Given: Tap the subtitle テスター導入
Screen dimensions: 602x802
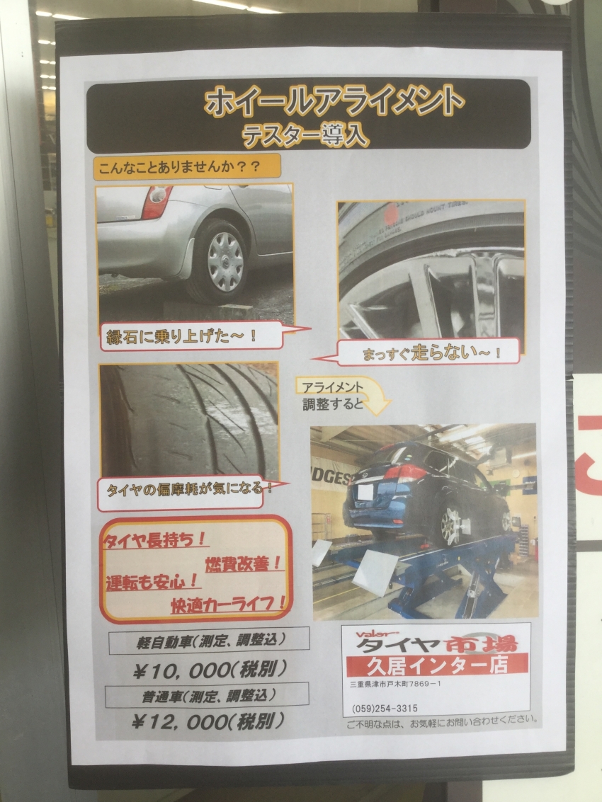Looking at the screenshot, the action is [x=305, y=135].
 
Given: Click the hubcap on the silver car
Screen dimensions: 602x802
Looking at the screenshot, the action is [x=225, y=261].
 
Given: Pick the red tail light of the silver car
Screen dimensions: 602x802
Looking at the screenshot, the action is [x=156, y=202].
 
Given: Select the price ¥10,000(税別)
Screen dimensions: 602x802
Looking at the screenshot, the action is [x=210, y=670].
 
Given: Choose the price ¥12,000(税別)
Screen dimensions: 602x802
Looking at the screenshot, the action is [x=208, y=721].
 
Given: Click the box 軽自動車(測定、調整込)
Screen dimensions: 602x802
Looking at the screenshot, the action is [x=209, y=641].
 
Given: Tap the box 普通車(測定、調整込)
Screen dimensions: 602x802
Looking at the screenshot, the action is [x=207, y=696].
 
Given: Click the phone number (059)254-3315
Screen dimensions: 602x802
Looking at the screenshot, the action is [x=385, y=709].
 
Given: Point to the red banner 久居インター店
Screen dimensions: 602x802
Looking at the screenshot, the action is [x=437, y=665].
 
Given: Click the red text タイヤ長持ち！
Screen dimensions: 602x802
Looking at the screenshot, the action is [x=154, y=540].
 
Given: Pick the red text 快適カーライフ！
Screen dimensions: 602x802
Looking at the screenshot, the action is [x=228, y=604].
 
